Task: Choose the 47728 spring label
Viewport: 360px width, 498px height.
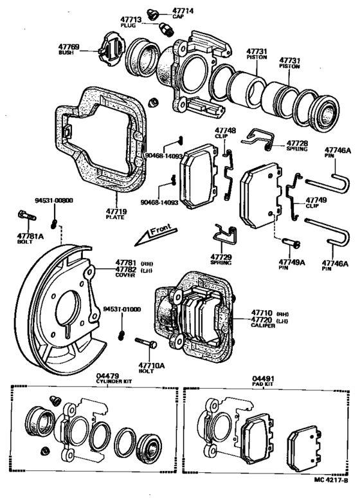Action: (298, 144)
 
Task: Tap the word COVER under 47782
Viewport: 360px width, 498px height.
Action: (125, 275)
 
